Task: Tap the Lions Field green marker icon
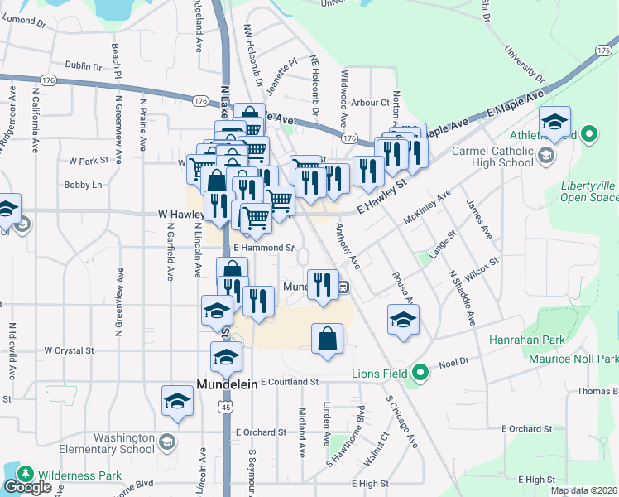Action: point(420,373)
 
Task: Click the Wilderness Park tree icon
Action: point(26,474)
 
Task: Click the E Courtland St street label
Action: point(290,382)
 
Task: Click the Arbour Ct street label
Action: point(369,103)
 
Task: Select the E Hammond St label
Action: point(264,247)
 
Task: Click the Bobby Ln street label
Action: point(83,185)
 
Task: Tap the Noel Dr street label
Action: point(453,361)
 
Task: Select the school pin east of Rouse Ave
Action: point(403,320)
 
